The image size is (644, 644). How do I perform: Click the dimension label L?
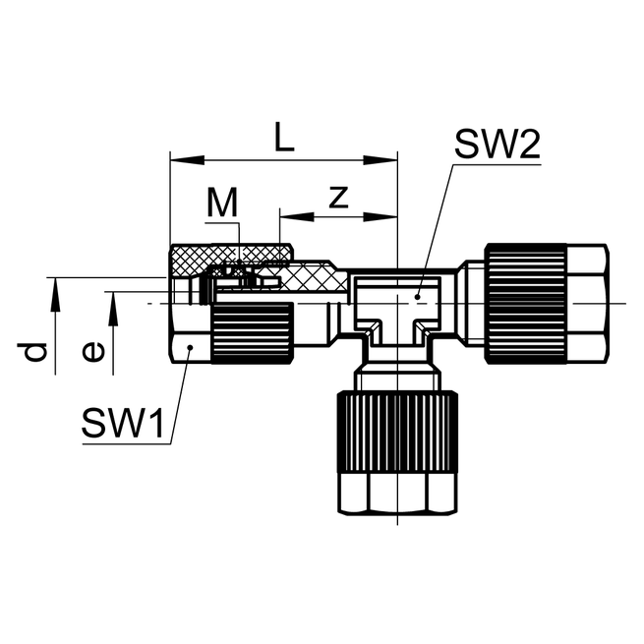283,138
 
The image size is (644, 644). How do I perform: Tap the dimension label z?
338,197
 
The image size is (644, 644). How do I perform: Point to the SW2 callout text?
497,147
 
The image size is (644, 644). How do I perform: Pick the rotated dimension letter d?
36,351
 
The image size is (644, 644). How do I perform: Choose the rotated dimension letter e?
92,351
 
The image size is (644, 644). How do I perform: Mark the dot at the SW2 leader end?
419,294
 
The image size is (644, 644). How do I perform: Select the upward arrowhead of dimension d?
56,286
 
